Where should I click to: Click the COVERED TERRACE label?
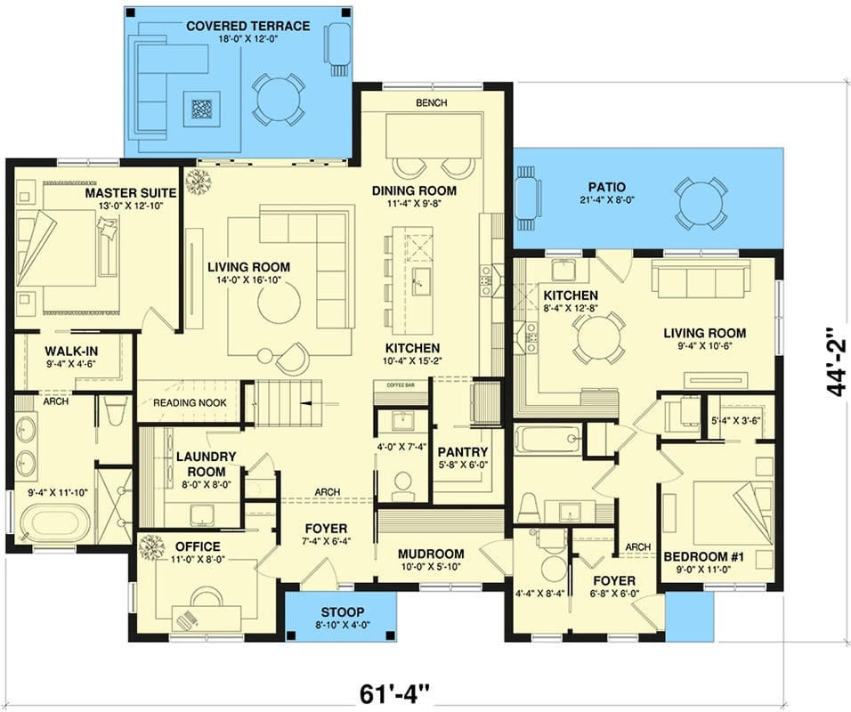coord(247,26)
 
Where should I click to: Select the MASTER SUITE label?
coord(131,193)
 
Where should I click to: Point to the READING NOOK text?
coord(190,403)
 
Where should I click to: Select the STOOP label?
coord(338,611)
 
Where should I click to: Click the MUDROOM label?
coord(431,553)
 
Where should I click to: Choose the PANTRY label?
coord(462,451)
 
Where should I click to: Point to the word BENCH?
coord(432,103)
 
